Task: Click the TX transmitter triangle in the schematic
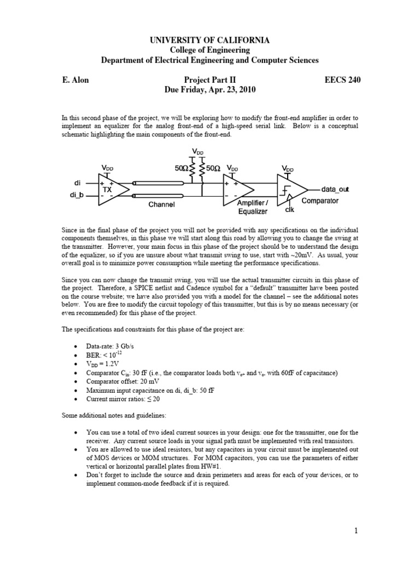coord(112,190)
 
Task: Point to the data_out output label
coord(335,189)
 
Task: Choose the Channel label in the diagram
coord(161,204)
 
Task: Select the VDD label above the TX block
coord(108,167)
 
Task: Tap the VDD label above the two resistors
coord(198,151)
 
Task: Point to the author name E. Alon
coord(75,79)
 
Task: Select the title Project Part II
coord(210,79)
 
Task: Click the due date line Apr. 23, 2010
coord(210,89)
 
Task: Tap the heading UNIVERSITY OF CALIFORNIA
coord(210,41)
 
